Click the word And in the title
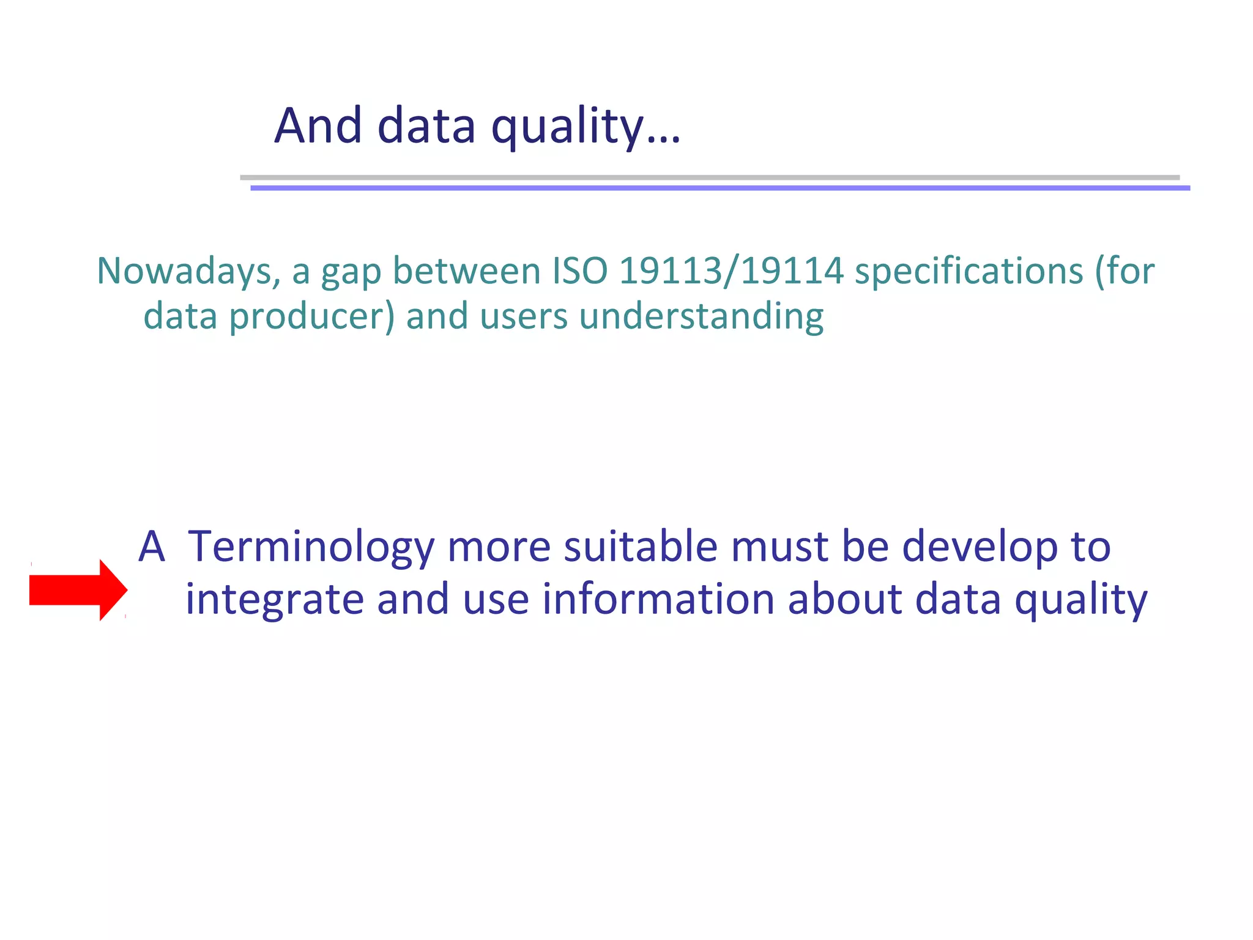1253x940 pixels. pyautogui.click(x=318, y=126)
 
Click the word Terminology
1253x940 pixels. pyautogui.click(x=311, y=546)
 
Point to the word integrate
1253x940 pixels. pyautogui.click(x=275, y=600)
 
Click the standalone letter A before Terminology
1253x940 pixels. pyautogui.click(x=152, y=546)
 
